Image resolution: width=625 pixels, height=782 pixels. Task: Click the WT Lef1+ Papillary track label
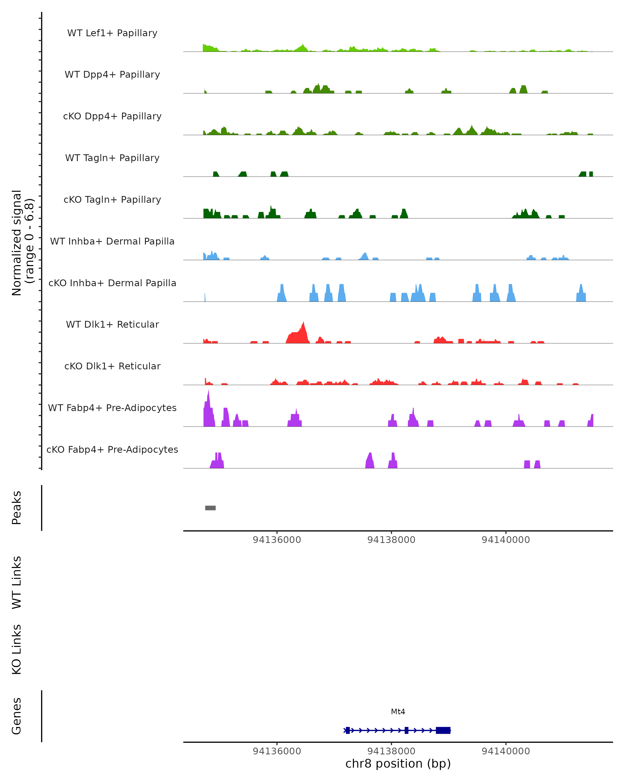(x=112, y=33)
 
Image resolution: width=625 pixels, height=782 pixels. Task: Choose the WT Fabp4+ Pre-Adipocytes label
(x=112, y=408)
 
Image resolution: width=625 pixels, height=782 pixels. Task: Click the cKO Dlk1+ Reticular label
(x=112, y=366)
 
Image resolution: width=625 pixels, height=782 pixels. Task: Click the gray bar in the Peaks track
(x=210, y=508)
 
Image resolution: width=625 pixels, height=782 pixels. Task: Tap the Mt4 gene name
(x=398, y=712)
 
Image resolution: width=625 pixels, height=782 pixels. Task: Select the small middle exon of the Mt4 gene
(x=406, y=730)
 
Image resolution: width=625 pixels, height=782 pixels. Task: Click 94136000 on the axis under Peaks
(x=277, y=540)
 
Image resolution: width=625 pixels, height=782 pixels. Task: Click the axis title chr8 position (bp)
(x=398, y=763)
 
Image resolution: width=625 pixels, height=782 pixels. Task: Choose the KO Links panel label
(x=17, y=649)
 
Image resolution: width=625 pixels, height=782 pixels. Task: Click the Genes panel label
(x=17, y=716)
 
